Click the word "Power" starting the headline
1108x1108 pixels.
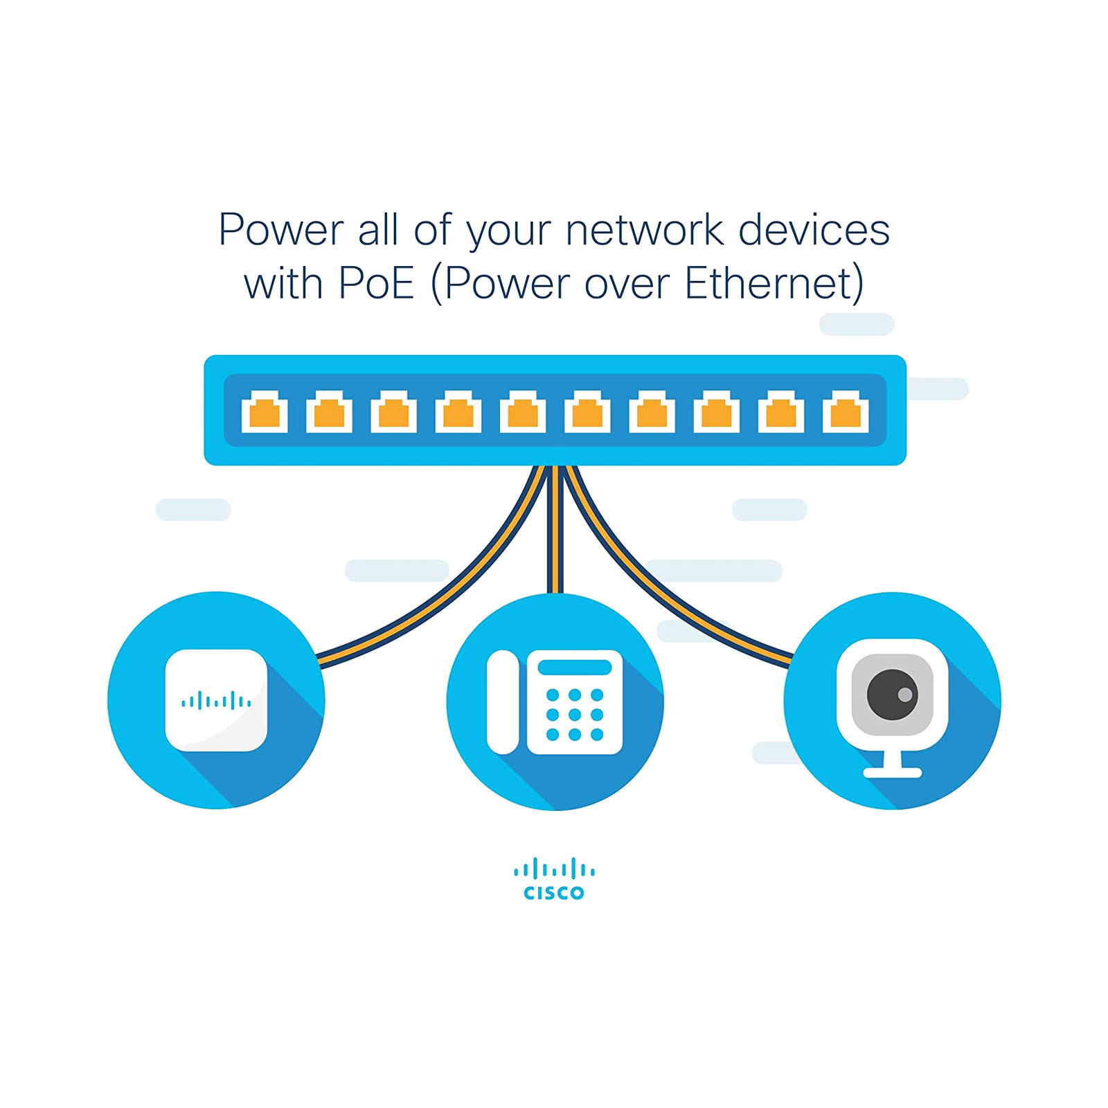(x=280, y=230)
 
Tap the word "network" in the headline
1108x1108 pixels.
(x=643, y=230)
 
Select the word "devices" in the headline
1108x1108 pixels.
(x=814, y=230)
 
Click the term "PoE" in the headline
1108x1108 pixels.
(x=376, y=283)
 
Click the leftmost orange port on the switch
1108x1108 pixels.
(x=265, y=413)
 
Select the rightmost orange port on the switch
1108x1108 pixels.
(x=846, y=413)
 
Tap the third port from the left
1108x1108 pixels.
(x=393, y=413)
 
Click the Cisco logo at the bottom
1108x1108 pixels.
(x=554, y=879)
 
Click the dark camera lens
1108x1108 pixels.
(x=892, y=694)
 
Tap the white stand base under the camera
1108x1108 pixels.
(x=892, y=772)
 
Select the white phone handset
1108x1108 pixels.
(x=503, y=702)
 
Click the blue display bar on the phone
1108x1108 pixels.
(x=575, y=668)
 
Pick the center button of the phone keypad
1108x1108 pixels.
(x=575, y=714)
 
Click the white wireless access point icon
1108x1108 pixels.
(x=216, y=700)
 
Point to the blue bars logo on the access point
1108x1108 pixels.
(x=216, y=701)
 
